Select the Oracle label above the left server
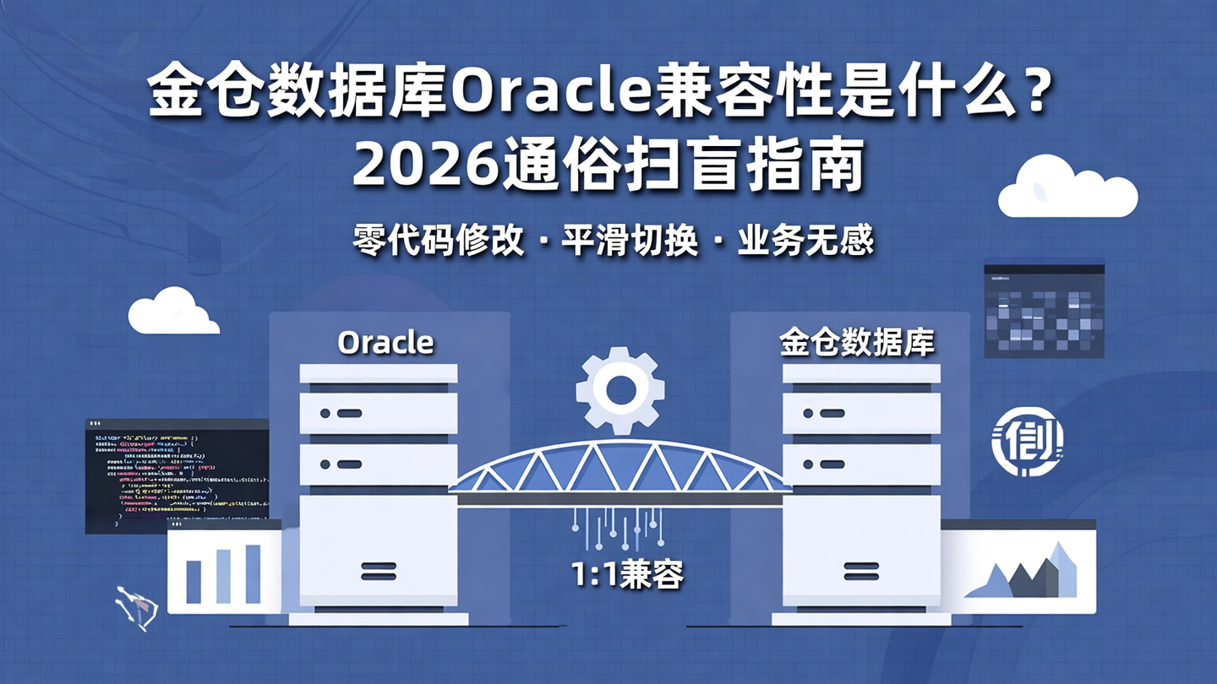[x=385, y=343]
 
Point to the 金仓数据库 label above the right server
[x=856, y=343]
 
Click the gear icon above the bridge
[x=619, y=389]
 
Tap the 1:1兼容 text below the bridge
[x=626, y=574]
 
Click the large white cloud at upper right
[x=1067, y=189]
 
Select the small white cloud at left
[x=172, y=312]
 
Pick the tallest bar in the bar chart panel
[x=253, y=573]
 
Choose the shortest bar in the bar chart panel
[x=194, y=582]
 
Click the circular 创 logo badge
[x=1027, y=440]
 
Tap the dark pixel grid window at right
[x=1044, y=311]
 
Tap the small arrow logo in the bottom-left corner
[x=135, y=607]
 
